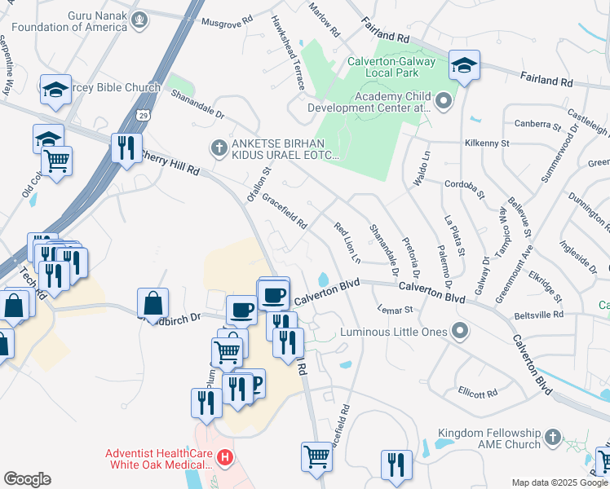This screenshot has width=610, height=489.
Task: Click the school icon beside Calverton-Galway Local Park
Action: point(464,66)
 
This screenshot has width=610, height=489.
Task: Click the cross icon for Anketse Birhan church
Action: point(218,148)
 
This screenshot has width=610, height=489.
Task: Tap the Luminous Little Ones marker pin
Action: point(460,332)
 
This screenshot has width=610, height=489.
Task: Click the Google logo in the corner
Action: point(26,479)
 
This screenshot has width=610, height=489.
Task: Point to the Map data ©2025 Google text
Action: point(559,482)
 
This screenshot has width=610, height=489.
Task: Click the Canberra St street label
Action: point(537,126)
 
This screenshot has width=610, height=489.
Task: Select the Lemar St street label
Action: point(396,309)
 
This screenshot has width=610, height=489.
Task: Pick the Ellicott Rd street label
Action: point(477,393)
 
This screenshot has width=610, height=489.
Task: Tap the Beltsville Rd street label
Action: point(538,315)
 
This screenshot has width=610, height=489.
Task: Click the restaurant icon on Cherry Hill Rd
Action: point(125,148)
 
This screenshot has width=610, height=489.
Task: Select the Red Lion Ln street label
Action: point(347,240)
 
